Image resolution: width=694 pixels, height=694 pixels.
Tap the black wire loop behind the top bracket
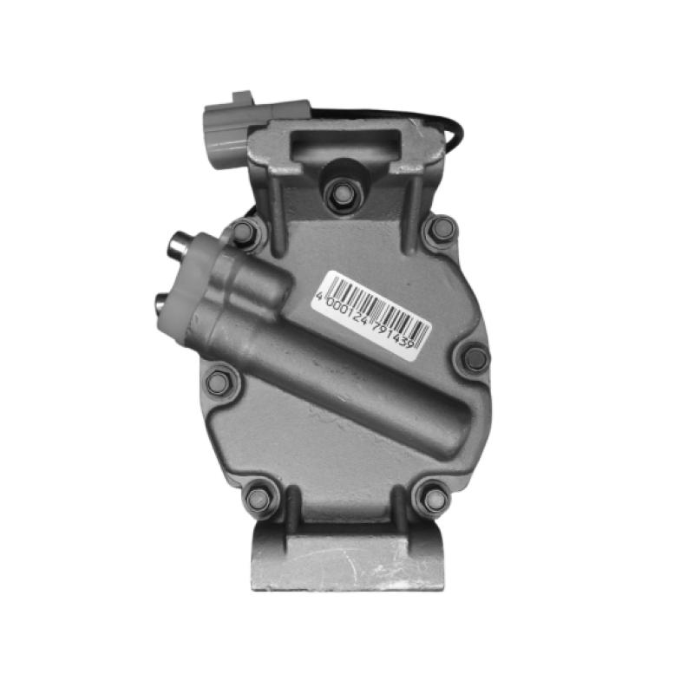point(451,130)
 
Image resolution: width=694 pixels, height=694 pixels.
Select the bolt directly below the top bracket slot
point(342,194)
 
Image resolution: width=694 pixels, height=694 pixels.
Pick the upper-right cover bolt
point(442,230)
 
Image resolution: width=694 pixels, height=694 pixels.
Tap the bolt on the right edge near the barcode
point(475,357)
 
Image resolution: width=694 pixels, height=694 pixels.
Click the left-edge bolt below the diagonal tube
point(220,380)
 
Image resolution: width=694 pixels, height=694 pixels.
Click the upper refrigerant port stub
point(180,244)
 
